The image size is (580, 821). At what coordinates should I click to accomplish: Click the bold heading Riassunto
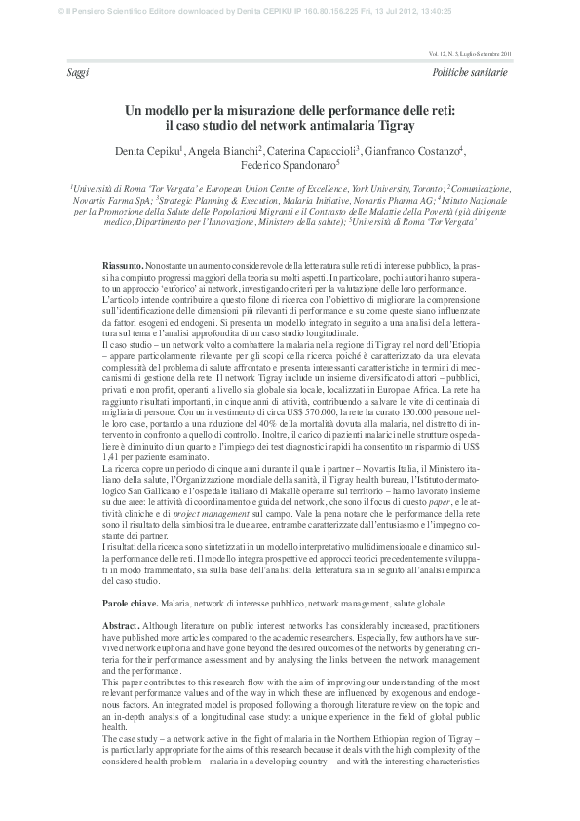[x=123, y=266]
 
